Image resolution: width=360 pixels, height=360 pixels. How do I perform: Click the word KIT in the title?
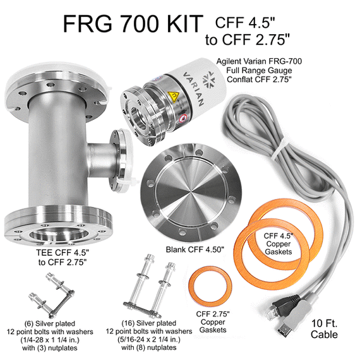pyautogui.click(x=185, y=23)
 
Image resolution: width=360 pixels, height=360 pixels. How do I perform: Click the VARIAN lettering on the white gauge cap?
pyautogui.click(x=193, y=88)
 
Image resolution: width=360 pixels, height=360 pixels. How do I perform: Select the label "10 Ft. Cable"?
pyautogui.click(x=324, y=329)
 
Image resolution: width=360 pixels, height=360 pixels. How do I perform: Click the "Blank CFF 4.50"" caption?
pyautogui.click(x=195, y=249)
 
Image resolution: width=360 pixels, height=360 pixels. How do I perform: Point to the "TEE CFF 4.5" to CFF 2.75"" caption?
pyautogui.click(x=63, y=257)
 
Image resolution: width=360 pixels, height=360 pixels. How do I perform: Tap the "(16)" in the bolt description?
pyautogui.click(x=128, y=323)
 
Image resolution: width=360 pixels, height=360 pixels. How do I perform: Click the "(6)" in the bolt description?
pyautogui.click(x=28, y=323)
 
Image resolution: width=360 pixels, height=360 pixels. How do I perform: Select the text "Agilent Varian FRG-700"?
pyautogui.click(x=259, y=61)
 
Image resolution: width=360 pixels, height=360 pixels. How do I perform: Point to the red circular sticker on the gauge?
pyautogui.click(x=184, y=118)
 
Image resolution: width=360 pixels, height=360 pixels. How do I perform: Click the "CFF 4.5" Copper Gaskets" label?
pyautogui.click(x=279, y=244)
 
